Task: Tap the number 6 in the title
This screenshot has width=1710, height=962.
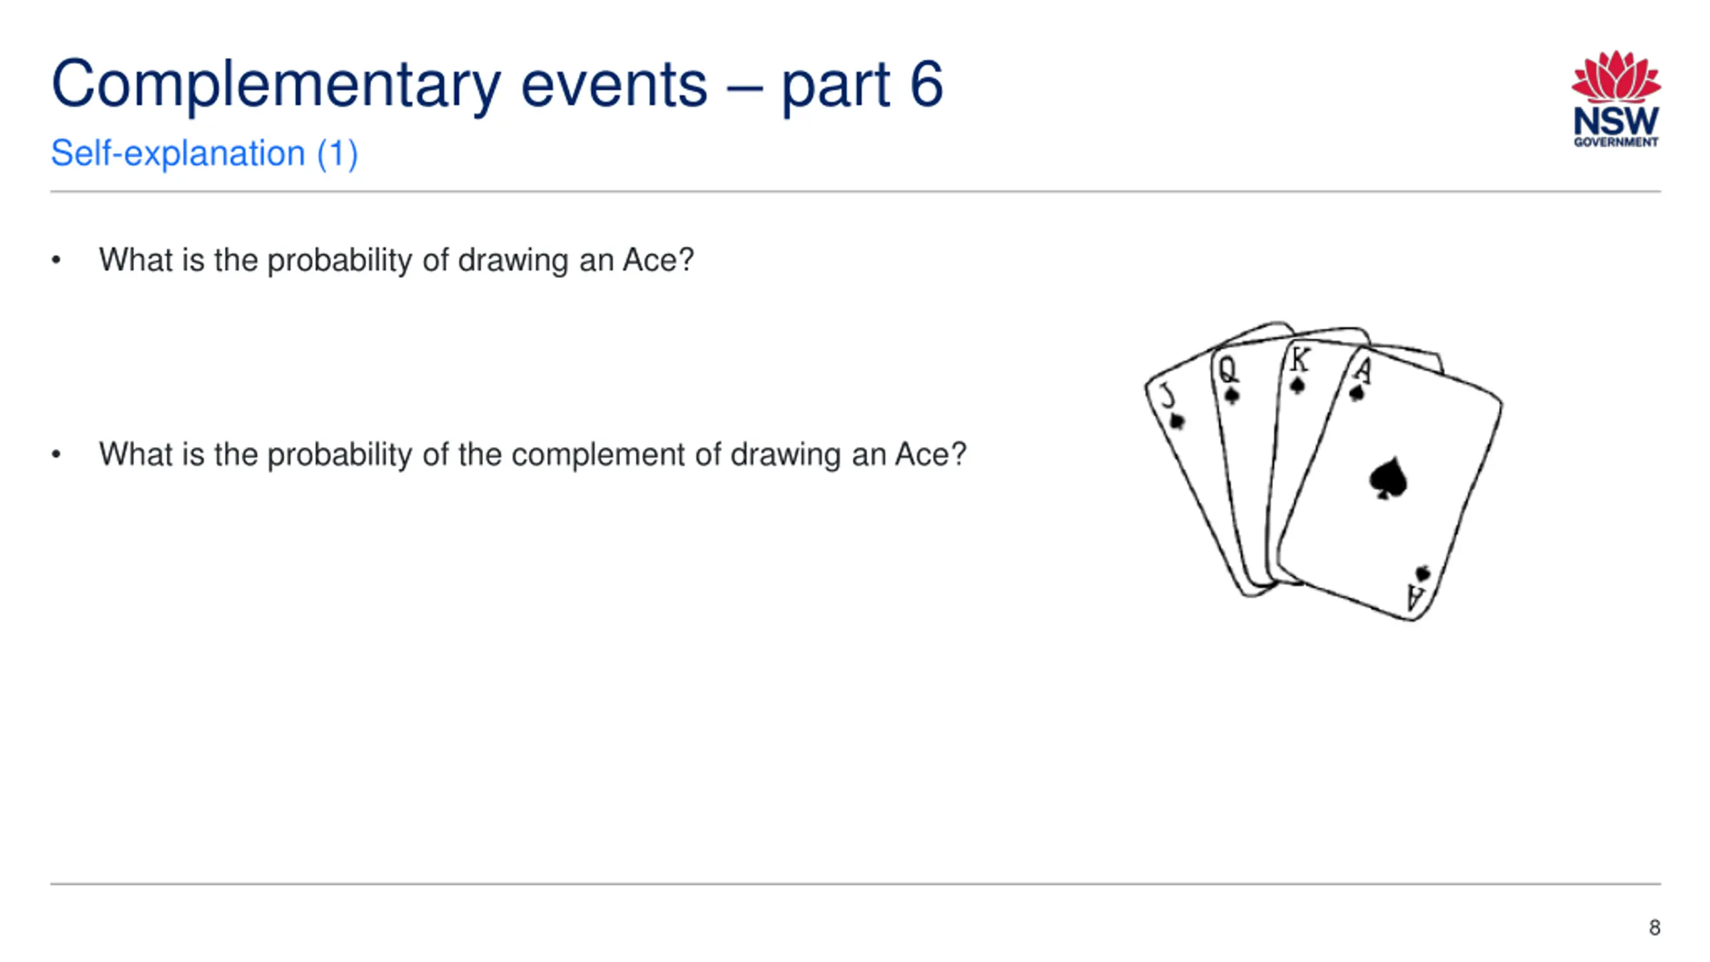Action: [x=926, y=84]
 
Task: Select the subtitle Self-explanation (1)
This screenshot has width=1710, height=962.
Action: [x=204, y=154]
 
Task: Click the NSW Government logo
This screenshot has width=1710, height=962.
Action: [x=1616, y=98]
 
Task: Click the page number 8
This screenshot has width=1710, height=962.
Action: [x=1655, y=927]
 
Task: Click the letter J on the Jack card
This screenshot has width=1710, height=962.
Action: [x=1168, y=395]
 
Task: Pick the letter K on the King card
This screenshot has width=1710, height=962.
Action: [x=1299, y=359]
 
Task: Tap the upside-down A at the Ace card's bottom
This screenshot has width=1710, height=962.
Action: [x=1415, y=597]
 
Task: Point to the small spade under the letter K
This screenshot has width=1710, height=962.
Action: [x=1297, y=385]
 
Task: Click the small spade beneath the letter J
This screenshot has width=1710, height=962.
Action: [x=1177, y=422]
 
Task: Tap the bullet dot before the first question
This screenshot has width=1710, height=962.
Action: [x=56, y=261]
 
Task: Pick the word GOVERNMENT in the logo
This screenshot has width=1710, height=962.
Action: [x=1616, y=142]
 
